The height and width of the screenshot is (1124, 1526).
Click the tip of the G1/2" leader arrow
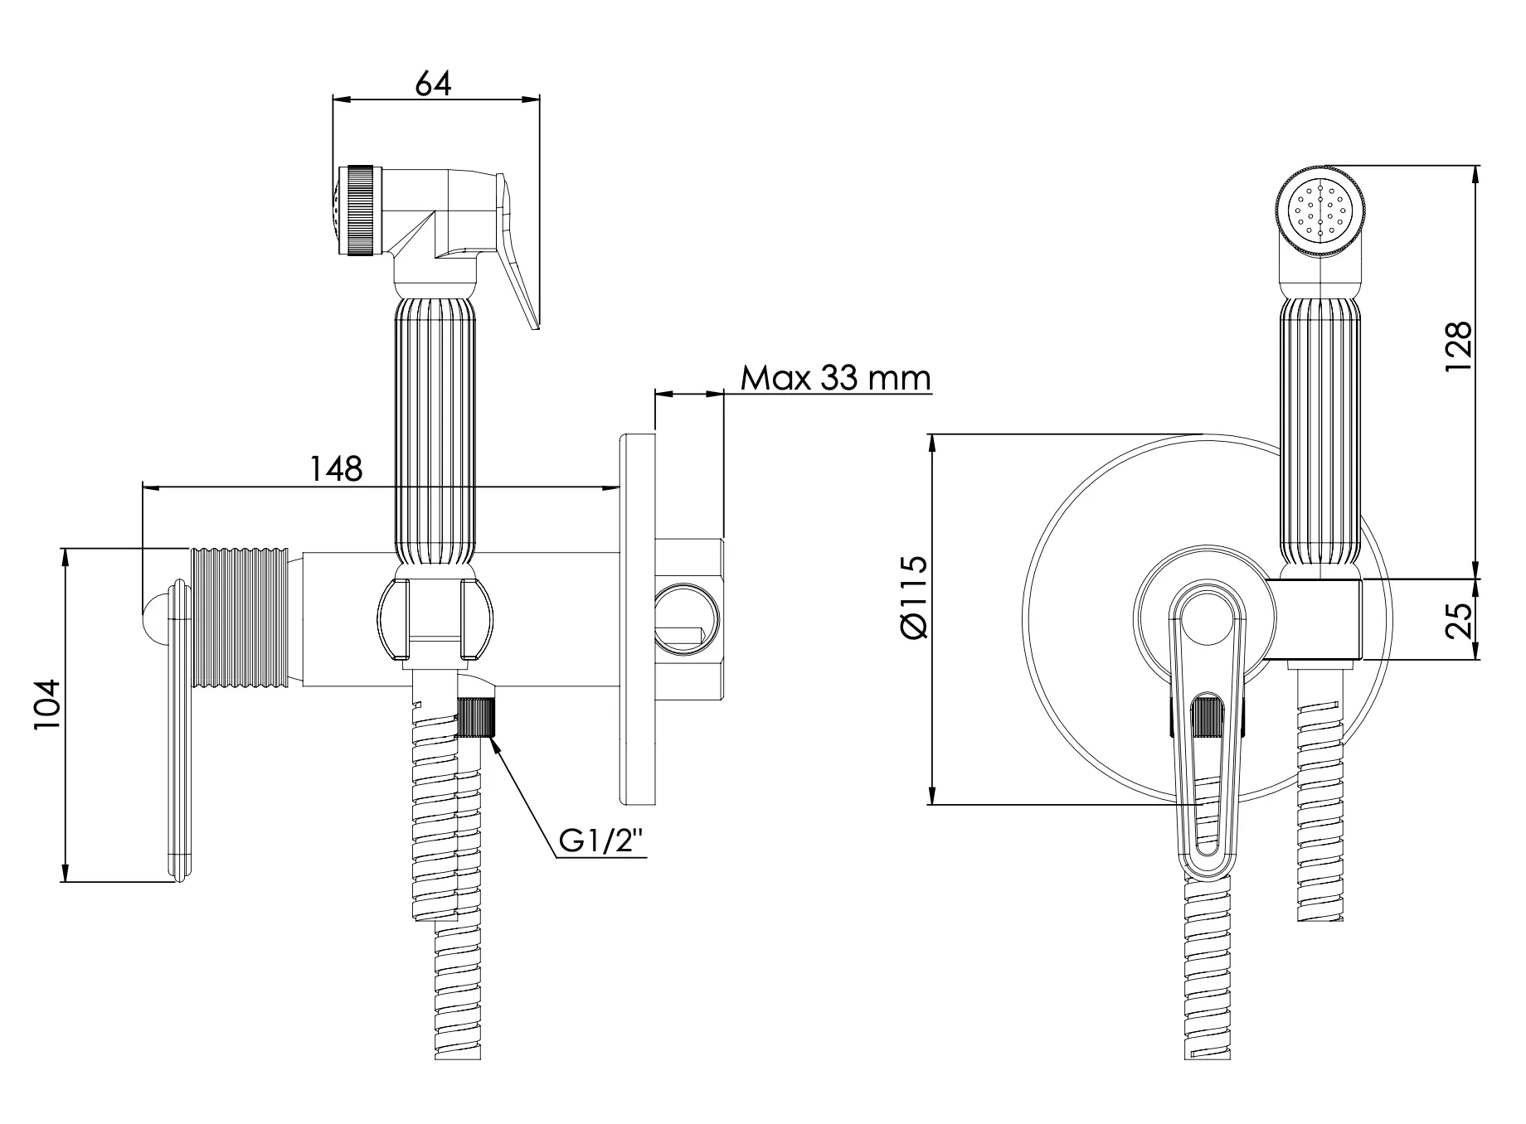point(492,738)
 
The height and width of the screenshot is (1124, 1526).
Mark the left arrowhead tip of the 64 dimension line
point(333,99)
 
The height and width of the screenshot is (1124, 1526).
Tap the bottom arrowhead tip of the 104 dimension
point(65,882)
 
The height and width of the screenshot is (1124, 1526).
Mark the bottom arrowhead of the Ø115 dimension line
point(933,804)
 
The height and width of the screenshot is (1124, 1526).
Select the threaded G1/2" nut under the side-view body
point(477,718)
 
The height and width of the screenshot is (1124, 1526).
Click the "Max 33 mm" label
point(836,378)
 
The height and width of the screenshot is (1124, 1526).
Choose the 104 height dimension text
point(47,705)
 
